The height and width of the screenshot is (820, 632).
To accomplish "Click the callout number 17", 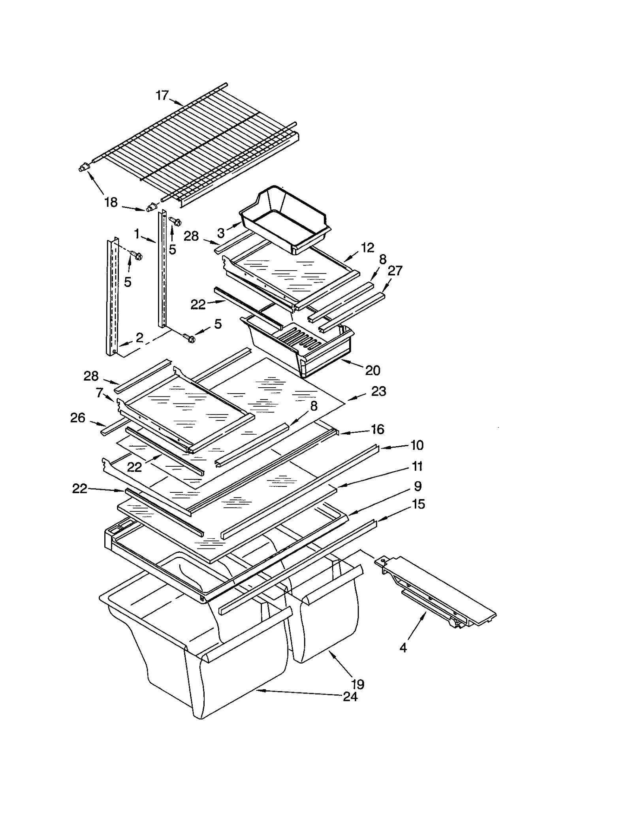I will [x=162, y=95].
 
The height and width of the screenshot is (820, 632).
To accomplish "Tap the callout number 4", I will [x=403, y=648].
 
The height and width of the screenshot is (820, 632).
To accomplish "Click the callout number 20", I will [x=372, y=370].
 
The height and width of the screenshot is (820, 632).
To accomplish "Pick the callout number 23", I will [x=378, y=391].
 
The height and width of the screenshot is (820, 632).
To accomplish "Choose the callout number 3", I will [x=221, y=233].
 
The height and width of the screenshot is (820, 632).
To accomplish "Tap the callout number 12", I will [x=367, y=248].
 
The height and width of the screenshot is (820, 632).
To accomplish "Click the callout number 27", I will [x=395, y=271].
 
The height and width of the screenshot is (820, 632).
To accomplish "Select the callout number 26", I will [x=78, y=418].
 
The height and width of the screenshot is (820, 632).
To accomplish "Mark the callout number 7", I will [x=100, y=392].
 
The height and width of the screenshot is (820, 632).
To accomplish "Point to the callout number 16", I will [x=378, y=429].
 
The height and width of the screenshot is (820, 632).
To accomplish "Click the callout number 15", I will [x=418, y=504].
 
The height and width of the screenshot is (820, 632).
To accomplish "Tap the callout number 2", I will [x=139, y=337].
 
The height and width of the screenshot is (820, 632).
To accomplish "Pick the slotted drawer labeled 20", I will [x=300, y=348].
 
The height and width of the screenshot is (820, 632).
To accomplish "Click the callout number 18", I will [x=111, y=202].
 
